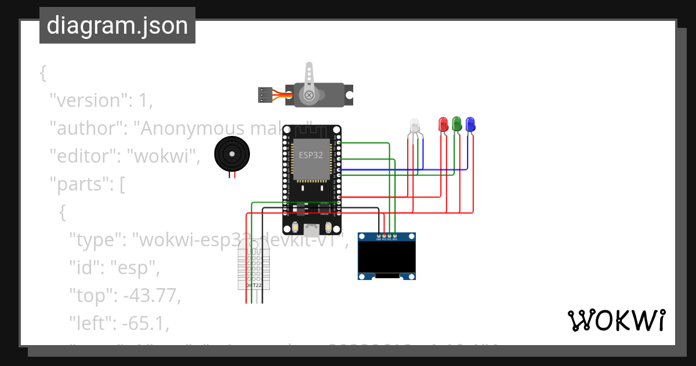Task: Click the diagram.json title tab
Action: point(117,26)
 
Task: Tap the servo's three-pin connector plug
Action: point(265,95)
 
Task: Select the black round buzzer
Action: point(231,154)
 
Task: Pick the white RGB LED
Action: point(414,125)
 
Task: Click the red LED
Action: point(443,123)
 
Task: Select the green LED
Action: point(457,123)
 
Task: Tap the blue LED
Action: point(470,123)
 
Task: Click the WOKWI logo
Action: point(616,320)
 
